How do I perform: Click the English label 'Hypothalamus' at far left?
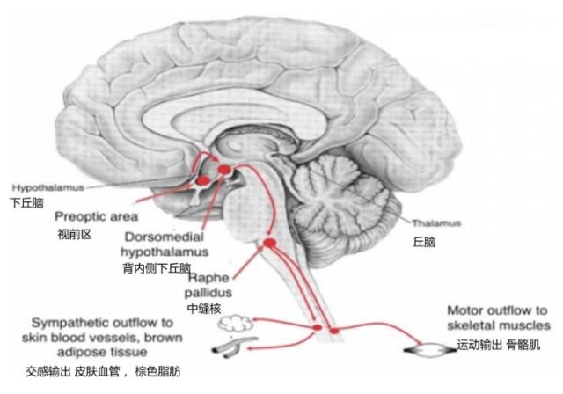40,187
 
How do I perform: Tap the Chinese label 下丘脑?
26,201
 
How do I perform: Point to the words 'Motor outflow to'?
497,310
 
